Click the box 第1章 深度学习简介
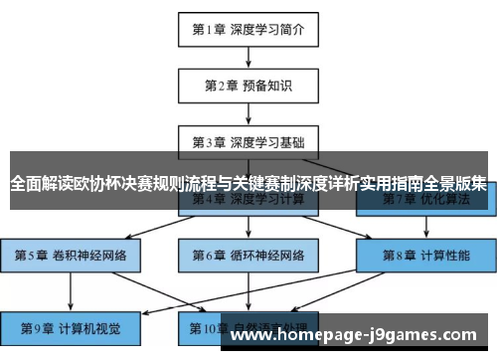pyautogui.click(x=248, y=29)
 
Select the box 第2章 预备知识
pyautogui.click(x=248, y=86)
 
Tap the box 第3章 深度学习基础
pyautogui.click(x=248, y=141)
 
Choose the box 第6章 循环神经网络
pyautogui.click(x=248, y=255)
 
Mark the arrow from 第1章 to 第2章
pyautogui.click(x=248, y=57)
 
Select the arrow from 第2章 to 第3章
pyautogui.click(x=248, y=113)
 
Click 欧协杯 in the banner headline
pyautogui.click(x=109, y=184)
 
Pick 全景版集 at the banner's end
pyautogui.click(x=456, y=184)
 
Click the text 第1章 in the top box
pyautogui.click(x=209, y=29)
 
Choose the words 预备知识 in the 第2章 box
pyautogui.click(x=266, y=86)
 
